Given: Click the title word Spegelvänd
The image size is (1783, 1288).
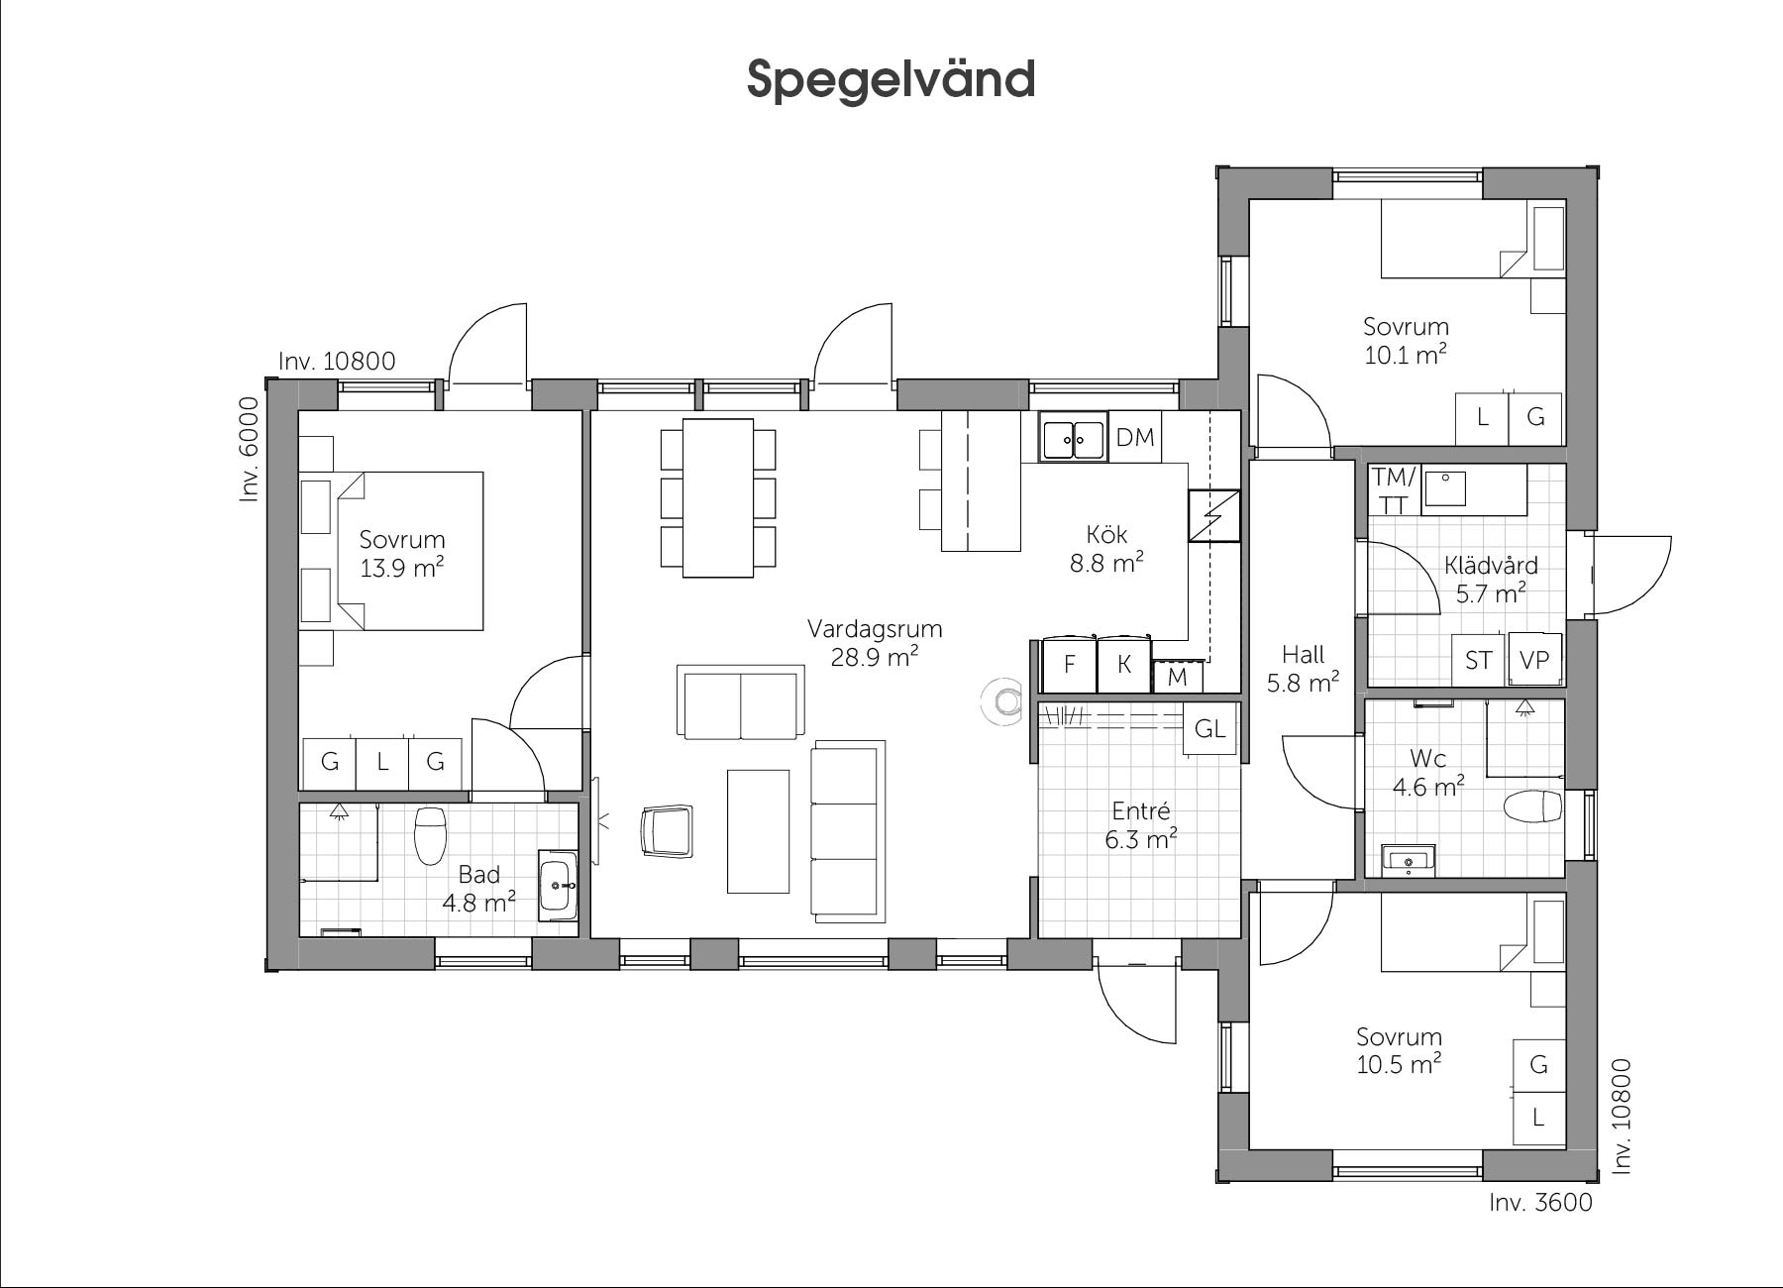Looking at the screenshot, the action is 891,79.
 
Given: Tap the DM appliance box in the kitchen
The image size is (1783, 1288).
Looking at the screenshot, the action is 1135,437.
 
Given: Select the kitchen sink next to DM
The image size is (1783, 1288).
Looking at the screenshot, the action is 1073,437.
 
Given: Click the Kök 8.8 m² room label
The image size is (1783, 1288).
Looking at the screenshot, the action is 1106,549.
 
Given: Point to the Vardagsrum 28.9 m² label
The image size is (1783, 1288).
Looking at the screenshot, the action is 874,643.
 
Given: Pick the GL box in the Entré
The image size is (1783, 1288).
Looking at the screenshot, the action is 1210,729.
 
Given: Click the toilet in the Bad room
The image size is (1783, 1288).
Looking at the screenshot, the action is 430,834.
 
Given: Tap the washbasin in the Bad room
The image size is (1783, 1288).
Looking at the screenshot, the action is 558,885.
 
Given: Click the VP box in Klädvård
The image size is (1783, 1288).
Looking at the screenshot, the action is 1534,660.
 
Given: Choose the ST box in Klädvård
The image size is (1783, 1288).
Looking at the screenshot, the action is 1479,660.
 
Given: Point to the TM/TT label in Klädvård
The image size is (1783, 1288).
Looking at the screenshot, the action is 1395,490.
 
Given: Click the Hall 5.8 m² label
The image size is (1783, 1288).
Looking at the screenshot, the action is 1303,669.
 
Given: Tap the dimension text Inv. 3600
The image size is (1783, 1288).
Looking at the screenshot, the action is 1540,1202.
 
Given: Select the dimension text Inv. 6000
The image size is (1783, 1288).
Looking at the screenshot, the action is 249,450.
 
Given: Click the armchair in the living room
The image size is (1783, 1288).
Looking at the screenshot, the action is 667,830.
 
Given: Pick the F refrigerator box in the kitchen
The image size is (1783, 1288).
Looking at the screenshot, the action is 1070,664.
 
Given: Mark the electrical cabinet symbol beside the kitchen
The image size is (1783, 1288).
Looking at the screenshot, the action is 1214,516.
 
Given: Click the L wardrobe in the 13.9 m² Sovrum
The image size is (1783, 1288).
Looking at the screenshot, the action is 382,762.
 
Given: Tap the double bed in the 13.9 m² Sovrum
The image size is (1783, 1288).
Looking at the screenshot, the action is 410,551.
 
